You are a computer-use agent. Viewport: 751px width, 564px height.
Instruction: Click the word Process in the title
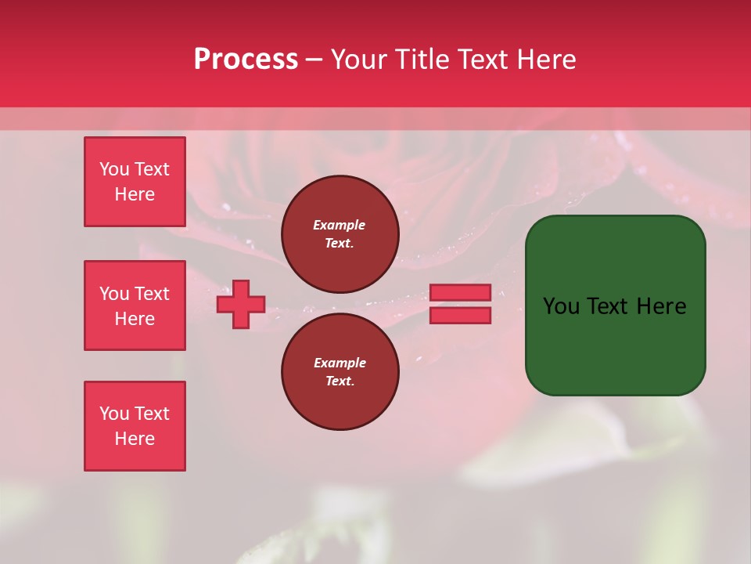[x=246, y=60]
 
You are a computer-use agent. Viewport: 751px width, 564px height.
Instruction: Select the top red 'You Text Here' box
[x=135, y=182]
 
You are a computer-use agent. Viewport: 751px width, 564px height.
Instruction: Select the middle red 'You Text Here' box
[x=135, y=305]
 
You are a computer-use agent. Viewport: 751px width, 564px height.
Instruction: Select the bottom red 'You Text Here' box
[x=135, y=426]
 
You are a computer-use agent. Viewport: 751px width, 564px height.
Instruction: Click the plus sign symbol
[x=241, y=304]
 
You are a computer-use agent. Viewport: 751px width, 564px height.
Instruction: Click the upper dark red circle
[x=340, y=234]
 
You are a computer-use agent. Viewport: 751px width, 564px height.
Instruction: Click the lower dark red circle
[x=340, y=372]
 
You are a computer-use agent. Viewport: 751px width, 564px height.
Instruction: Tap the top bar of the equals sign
[x=460, y=292]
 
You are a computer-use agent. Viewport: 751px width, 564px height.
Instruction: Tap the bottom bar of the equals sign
[x=460, y=315]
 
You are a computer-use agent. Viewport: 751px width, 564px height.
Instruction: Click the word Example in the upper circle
[x=340, y=225]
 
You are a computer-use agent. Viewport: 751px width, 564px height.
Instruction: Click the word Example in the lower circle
[x=340, y=363]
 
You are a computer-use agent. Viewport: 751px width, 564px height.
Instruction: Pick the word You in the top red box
[x=113, y=169]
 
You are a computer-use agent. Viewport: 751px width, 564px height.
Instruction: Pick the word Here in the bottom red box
[x=135, y=439]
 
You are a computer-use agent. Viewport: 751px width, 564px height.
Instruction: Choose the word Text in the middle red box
[x=152, y=294]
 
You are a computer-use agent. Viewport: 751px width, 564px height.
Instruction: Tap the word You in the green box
[x=561, y=306]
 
